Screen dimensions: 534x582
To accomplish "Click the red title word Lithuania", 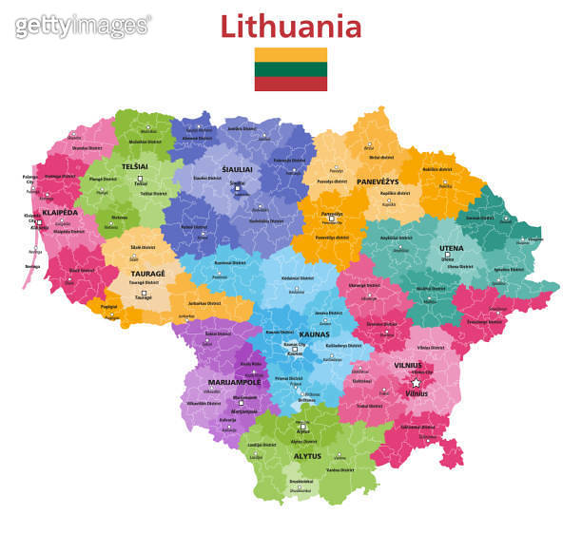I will (x=291, y=26).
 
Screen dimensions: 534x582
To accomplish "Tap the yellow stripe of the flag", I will (x=290, y=54).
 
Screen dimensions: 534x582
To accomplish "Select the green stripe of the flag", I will (x=290, y=69).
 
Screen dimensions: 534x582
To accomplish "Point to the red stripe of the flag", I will (x=290, y=84).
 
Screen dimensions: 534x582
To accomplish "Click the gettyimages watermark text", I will (x=83, y=26).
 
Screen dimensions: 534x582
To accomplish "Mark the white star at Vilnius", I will (x=416, y=382).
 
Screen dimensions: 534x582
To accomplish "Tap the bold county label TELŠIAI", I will (x=135, y=167).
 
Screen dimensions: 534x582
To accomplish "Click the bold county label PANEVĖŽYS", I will (x=378, y=181).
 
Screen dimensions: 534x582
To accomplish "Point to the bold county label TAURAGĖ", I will (x=147, y=274).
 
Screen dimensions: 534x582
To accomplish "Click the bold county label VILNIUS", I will (x=408, y=364).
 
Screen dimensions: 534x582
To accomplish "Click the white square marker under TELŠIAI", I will (x=141, y=178).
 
